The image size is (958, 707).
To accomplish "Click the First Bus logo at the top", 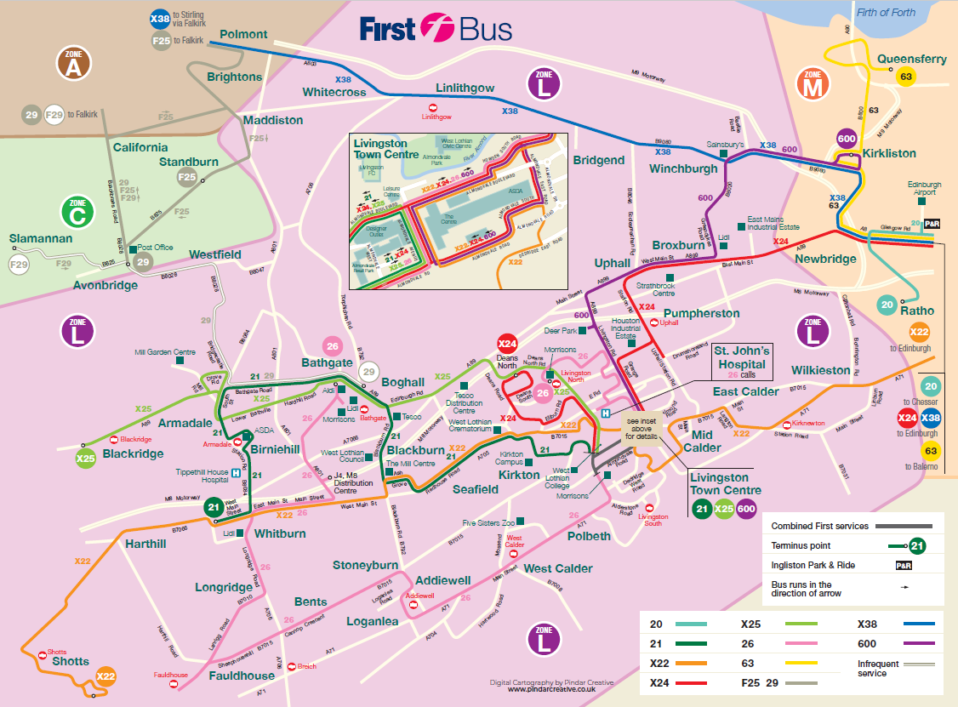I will point(436,29).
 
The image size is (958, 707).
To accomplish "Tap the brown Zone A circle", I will point(73,65).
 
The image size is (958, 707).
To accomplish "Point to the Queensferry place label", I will point(911,60).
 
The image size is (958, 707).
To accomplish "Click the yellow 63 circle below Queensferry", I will point(905,77).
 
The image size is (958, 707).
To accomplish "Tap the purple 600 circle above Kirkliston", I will point(846,140).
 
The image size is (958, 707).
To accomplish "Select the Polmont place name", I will point(243,35).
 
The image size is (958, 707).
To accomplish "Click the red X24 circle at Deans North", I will point(507,345).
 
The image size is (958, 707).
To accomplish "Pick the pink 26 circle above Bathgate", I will point(333,346).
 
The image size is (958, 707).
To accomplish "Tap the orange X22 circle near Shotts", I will point(105,677).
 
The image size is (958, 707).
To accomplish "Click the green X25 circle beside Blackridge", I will point(84,458).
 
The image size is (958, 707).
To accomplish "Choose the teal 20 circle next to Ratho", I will point(887,305).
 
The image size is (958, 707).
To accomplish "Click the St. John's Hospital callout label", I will point(741,362).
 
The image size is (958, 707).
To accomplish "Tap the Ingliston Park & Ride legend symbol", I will point(904,565).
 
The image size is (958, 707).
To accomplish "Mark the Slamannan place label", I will point(41,238).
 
